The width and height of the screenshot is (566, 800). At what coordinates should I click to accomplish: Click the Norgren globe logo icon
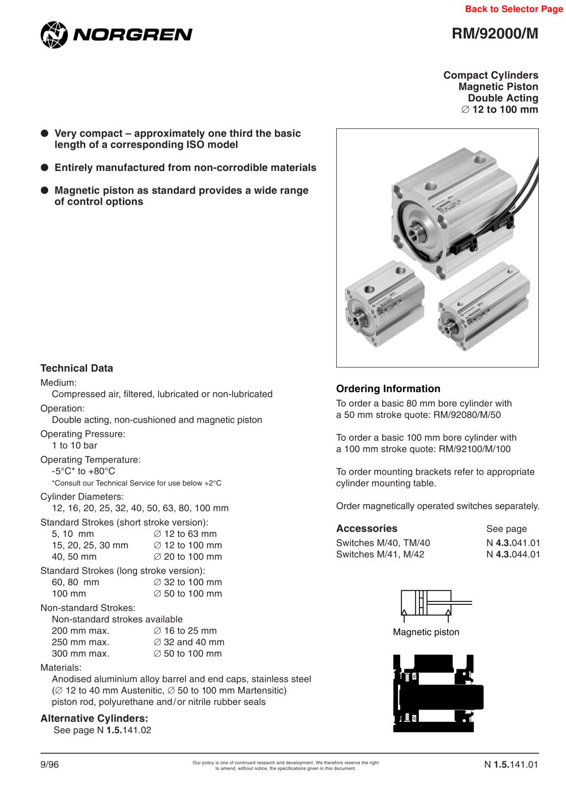click(54, 35)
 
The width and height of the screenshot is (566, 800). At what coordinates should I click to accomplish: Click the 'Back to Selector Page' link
click(513, 9)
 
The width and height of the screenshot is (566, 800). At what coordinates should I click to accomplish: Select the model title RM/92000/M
click(495, 34)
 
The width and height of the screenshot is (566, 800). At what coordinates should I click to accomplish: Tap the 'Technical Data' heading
click(76, 368)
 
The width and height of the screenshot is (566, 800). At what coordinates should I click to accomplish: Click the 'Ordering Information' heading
click(388, 389)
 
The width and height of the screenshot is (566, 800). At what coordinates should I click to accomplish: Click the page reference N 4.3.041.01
click(513, 543)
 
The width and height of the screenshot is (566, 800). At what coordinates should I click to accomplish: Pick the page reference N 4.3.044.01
click(513, 554)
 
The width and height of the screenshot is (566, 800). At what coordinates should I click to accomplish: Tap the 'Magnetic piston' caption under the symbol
click(426, 633)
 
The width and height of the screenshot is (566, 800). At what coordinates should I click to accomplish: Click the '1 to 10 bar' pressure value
click(74, 446)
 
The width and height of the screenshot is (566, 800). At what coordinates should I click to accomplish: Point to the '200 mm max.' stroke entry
click(80, 631)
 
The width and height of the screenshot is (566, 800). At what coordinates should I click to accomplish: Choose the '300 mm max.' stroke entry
click(80, 653)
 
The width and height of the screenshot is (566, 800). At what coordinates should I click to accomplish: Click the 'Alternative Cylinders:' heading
click(94, 719)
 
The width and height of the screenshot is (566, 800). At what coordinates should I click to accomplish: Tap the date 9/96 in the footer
click(49, 765)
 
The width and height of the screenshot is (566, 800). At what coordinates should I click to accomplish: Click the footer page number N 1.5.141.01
click(511, 765)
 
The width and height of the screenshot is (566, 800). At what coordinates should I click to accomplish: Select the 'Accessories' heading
click(366, 528)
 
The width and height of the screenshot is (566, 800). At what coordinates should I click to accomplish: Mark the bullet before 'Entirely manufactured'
click(45, 167)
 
